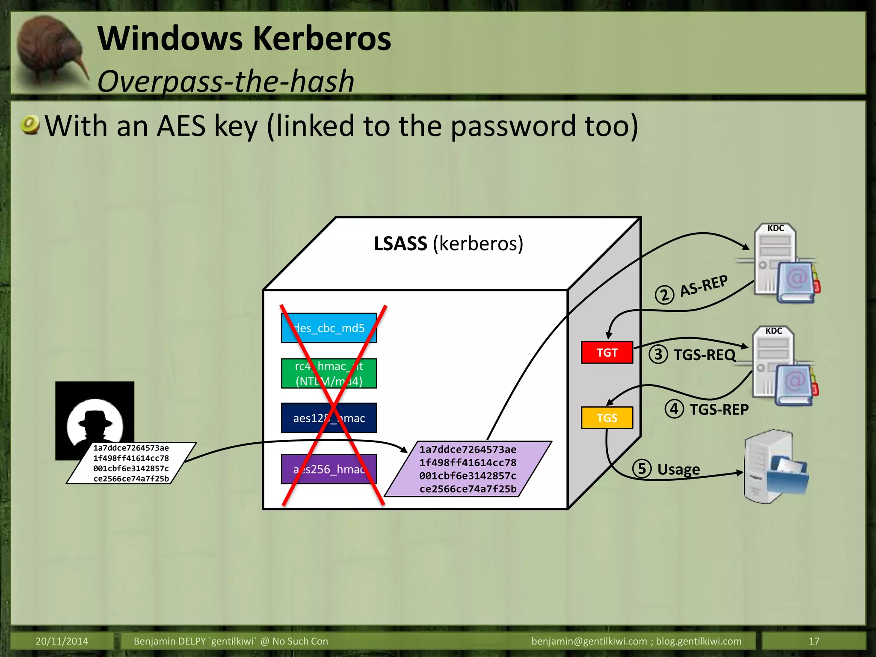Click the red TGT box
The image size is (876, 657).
607,352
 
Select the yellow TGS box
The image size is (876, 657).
607,417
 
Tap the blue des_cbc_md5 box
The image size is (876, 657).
329,328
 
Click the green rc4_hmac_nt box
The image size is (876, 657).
329,373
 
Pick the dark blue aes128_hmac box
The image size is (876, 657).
329,418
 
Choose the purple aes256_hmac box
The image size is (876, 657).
329,469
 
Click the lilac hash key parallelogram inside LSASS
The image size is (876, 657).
468,469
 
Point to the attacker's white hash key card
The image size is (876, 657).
131,463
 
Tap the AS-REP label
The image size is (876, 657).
704,286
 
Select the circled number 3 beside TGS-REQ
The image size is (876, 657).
658,355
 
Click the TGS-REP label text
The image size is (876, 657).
719,409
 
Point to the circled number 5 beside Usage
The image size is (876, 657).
642,468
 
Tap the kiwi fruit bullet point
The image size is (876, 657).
30,125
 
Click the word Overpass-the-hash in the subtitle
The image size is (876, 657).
226,81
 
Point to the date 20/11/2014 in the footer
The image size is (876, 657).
62,641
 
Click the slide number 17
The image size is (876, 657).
814,641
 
